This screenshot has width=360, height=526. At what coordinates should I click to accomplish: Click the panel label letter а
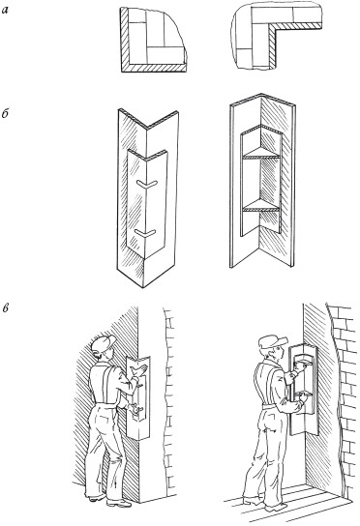(5, 11)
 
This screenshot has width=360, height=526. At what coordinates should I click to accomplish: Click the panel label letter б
(5, 113)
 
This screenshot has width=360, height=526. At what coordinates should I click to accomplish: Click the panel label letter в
(6, 307)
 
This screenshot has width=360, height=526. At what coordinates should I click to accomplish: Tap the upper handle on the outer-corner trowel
(147, 184)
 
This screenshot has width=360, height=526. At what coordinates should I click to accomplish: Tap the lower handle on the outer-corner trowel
(145, 233)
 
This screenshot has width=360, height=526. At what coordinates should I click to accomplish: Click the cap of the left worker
(104, 343)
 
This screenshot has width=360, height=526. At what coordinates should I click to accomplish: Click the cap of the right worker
(272, 341)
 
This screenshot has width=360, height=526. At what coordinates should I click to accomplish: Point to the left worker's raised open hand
(139, 371)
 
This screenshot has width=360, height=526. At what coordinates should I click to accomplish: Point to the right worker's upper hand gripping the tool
(301, 366)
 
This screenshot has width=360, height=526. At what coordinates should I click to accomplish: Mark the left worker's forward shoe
(119, 503)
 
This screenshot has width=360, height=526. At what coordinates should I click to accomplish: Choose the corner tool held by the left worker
(138, 397)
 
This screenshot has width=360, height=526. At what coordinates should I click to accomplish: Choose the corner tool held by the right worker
(304, 389)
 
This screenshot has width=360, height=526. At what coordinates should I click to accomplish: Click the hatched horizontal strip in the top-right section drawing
(296, 26)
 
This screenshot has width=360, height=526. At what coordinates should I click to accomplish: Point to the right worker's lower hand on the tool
(303, 397)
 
